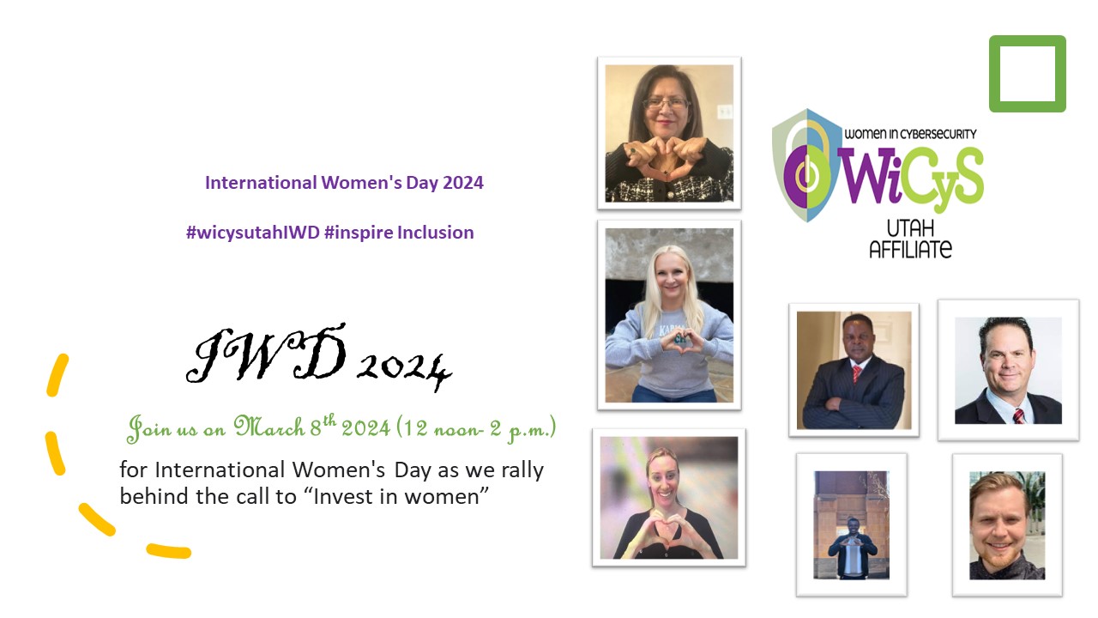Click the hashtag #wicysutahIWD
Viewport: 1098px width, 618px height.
(253, 233)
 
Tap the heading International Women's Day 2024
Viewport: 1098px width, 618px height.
(344, 183)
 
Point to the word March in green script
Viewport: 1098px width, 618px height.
(268, 427)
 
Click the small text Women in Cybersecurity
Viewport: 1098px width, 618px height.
(910, 134)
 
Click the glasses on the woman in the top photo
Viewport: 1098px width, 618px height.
(667, 104)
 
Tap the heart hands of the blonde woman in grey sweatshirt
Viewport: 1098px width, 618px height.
(681, 341)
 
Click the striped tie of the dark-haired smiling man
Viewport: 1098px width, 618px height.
(1018, 416)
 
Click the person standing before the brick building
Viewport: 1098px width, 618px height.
(852, 548)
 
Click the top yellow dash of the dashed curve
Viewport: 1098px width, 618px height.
(57, 375)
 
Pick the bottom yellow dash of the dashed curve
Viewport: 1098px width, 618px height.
(169, 551)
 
